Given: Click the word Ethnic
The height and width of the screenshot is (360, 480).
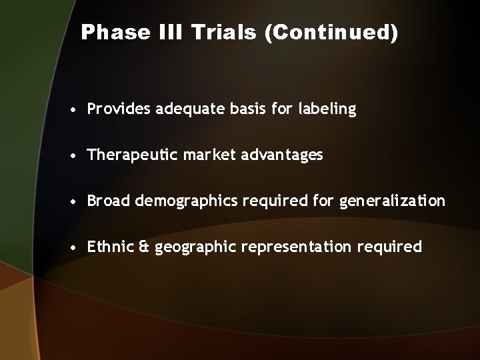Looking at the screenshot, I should pyautogui.click(x=109, y=247).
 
